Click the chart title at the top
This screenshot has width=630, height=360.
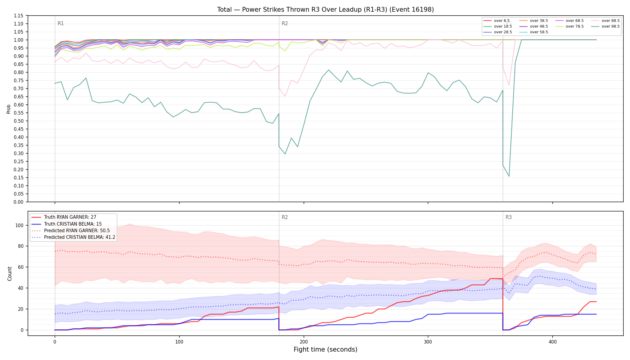pyautogui.click(x=325, y=10)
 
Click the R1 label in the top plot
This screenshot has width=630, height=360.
pyautogui.click(x=61, y=23)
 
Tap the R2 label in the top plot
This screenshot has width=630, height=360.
pyautogui.click(x=285, y=23)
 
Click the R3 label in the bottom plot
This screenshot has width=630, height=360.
pyautogui.click(x=508, y=217)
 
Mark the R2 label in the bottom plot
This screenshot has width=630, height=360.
pyautogui.click(x=285, y=217)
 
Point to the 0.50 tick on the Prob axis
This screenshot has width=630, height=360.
pyautogui.click(x=19, y=121)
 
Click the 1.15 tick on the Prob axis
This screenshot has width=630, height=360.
pyautogui.click(x=19, y=16)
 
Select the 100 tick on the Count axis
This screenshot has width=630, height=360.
pyautogui.click(x=19, y=225)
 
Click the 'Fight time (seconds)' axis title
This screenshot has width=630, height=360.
pyautogui.click(x=325, y=349)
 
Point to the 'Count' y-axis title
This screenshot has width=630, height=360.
pyautogui.click(x=10, y=274)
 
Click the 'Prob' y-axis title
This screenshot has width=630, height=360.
pyautogui.click(x=9, y=109)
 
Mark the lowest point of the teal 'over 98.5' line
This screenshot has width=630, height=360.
pyautogui.click(x=509, y=176)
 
